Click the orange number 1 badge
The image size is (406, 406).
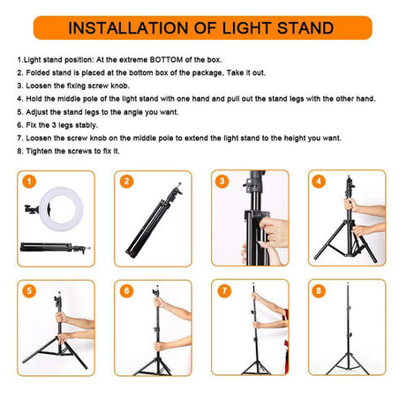[x=29, y=182]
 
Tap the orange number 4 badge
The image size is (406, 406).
[x=319, y=181]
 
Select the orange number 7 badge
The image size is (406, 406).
[x=224, y=291]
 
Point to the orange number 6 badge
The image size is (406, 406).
[x=127, y=291]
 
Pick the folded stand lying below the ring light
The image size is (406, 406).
[x=55, y=248]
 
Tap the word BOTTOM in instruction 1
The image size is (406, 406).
[x=166, y=60]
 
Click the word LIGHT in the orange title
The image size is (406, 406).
[x=246, y=28]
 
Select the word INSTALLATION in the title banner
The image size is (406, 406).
[x=129, y=28]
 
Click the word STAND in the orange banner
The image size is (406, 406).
[x=305, y=28]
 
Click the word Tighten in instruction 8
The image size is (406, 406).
[x=39, y=151]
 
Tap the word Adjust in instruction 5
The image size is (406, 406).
[x=37, y=112]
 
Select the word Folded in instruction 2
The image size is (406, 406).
[x=37, y=73]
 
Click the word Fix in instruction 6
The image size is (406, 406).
[x=31, y=125]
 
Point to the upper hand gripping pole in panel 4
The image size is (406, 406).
[x=350, y=204]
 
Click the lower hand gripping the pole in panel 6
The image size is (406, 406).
[x=160, y=346]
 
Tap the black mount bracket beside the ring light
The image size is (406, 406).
[x=32, y=209]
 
